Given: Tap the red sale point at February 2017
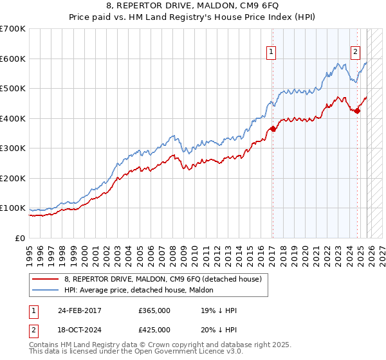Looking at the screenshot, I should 273,129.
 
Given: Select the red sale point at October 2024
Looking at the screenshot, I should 358,111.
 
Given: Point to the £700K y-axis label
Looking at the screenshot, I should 13,29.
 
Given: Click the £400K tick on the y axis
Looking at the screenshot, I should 13,118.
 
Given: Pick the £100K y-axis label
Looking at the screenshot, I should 13,208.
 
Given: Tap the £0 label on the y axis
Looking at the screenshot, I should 21,238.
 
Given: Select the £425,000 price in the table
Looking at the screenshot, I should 154,329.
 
